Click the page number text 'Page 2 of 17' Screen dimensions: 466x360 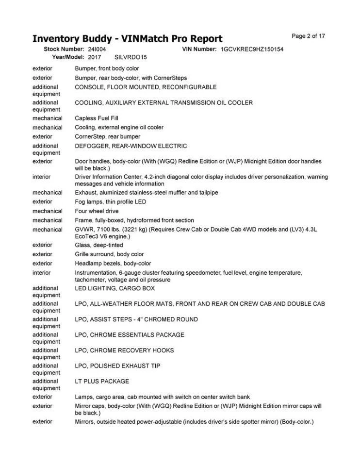[308, 36]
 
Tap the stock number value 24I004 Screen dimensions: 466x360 [97, 50]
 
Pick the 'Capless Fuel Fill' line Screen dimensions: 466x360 [97, 118]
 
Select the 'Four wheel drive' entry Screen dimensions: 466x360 [96, 211]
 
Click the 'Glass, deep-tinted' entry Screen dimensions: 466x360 [99, 245]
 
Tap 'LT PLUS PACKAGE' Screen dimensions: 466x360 [102, 382]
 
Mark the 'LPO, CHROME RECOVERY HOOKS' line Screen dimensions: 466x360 [124, 350]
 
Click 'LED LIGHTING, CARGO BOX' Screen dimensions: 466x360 [115, 288]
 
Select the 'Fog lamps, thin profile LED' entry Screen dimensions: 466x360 [110, 201]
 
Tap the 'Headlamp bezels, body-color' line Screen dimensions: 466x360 [113, 264]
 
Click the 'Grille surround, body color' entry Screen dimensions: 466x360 [109, 254]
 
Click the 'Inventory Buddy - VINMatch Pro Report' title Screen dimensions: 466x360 [127, 38]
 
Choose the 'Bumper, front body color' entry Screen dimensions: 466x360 [107, 68]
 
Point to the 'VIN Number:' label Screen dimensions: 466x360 [199, 50]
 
